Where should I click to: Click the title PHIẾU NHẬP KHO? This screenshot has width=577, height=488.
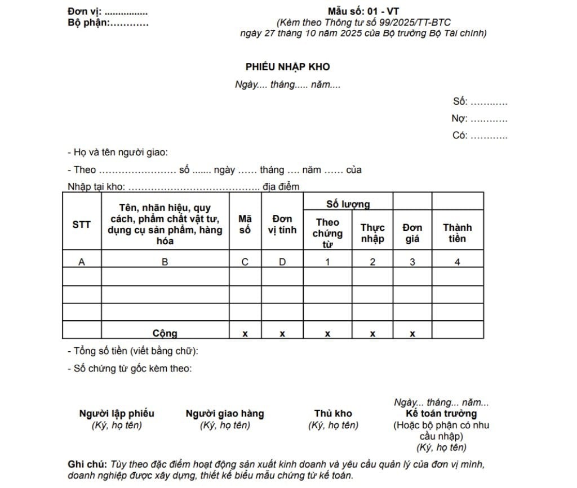[287, 67]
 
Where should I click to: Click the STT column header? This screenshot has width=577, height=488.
[82, 225]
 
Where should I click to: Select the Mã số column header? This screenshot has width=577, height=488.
[245, 224]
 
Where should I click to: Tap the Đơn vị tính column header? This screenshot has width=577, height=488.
[282, 224]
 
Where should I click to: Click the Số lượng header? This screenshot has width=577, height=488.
[348, 204]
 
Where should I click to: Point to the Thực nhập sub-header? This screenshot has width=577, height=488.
[372, 233]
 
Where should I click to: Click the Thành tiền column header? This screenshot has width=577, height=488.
[457, 233]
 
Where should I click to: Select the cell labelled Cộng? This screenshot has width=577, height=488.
[165, 333]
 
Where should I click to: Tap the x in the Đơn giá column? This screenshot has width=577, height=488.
[412, 333]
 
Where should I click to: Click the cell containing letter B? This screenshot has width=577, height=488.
[165, 262]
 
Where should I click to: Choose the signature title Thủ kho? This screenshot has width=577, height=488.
[333, 414]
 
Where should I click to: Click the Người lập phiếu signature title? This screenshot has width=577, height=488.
[117, 414]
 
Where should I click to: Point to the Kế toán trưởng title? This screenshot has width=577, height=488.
[441, 414]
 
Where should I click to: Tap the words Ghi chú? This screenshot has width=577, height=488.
[86, 464]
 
